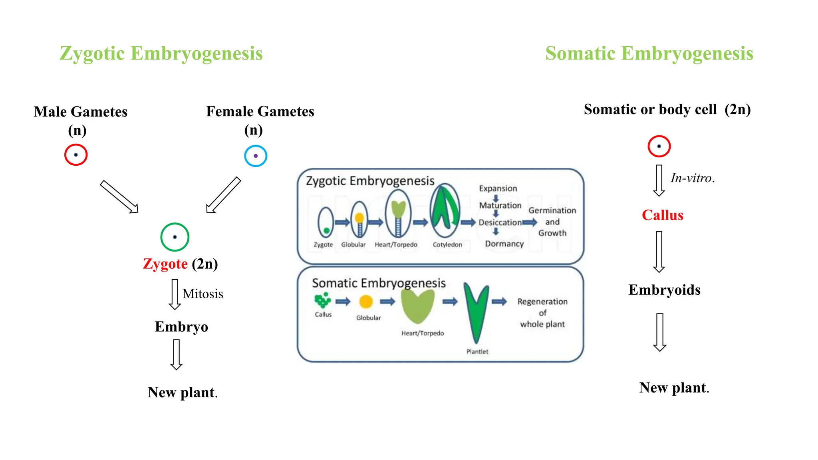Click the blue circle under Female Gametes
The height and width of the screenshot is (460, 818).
pos(256,156)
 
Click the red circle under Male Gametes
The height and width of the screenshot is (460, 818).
pos(76,155)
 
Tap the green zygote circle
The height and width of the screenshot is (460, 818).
pos(175,237)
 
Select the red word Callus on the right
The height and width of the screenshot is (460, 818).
pos(662,215)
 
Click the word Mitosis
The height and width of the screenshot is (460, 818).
pos(203,294)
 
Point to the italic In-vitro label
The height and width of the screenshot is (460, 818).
pos(692,178)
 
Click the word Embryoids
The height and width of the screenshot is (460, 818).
pos(664,290)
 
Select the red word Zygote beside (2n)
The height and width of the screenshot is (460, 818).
pos(165,264)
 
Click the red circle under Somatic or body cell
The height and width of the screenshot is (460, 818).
pos(659,146)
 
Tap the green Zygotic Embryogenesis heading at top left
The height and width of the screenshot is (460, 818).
pos(161,54)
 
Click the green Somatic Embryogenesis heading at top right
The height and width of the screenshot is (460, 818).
pos(649,54)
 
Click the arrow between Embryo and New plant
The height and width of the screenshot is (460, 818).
pos(176,355)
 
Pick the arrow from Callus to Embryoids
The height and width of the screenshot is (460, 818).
pos(659,252)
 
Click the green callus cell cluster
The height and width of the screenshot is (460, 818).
pos(323,300)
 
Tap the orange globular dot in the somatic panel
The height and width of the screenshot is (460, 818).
pos(366,301)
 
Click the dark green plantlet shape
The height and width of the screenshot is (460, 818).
pos(476,311)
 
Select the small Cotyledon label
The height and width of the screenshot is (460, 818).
pos(447,244)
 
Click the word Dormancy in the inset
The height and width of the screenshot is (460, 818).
pos(504,244)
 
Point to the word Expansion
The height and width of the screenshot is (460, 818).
pos(498,188)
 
